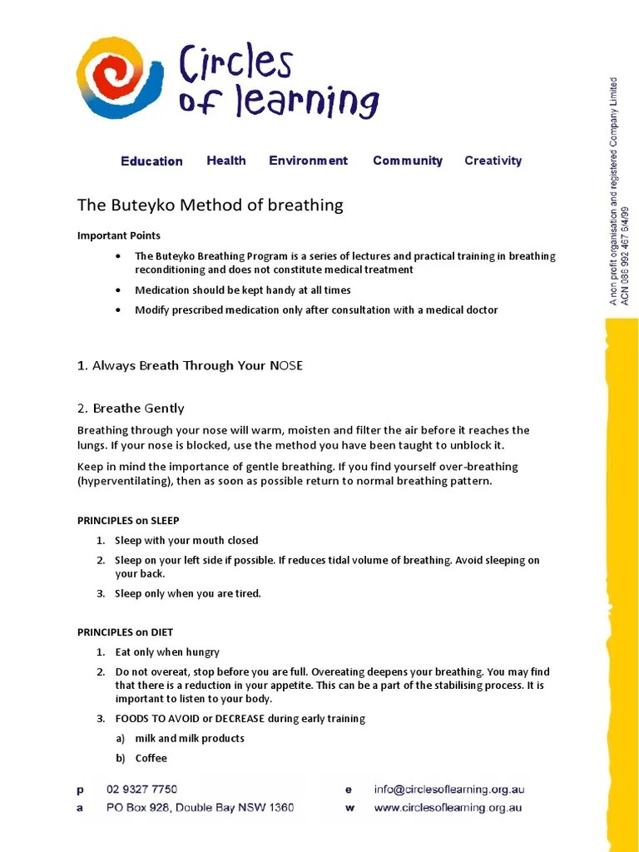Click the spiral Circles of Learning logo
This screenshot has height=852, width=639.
click(x=120, y=77)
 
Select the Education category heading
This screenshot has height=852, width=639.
click(x=151, y=161)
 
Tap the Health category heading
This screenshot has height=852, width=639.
click(x=226, y=161)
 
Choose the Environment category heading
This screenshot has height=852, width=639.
click(x=308, y=161)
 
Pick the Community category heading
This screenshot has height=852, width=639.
click(x=408, y=161)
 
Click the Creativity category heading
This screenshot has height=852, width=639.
click(x=493, y=161)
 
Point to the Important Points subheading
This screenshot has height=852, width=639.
click(x=119, y=235)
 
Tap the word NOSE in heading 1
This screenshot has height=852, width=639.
click(x=285, y=365)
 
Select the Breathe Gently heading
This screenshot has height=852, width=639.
click(x=138, y=409)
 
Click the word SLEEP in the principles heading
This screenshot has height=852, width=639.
click(x=165, y=521)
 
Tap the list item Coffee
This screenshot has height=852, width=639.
click(x=151, y=758)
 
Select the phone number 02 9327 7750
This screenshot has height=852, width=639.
click(x=141, y=790)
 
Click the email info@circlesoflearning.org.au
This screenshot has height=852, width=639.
click(x=449, y=790)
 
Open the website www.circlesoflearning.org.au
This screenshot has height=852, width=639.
click(x=448, y=807)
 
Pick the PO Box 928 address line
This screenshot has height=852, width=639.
click(x=200, y=807)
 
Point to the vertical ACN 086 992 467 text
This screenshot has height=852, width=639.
click(x=626, y=250)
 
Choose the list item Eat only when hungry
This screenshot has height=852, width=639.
click(x=167, y=652)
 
